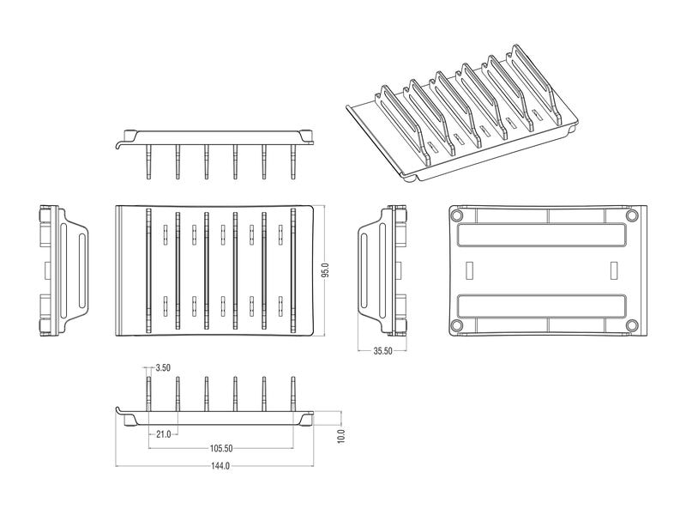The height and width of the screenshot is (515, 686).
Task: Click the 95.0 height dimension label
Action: click(325, 270)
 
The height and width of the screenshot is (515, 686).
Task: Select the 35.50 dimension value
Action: click(382, 351)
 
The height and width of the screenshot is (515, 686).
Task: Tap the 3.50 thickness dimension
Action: click(163, 368)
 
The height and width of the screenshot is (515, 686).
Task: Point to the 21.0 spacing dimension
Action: click(163, 434)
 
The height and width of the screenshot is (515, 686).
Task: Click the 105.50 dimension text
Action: click(221, 448)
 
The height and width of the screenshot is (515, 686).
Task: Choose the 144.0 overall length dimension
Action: click(220, 465)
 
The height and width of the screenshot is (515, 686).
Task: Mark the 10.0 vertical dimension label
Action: click(341, 436)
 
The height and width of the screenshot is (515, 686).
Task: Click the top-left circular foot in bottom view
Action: click(456, 215)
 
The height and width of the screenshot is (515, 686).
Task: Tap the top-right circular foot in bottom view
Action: click(631, 215)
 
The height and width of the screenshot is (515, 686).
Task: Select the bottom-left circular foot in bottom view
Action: click(456, 325)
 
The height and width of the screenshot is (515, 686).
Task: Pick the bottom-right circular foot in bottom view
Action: click(631, 325)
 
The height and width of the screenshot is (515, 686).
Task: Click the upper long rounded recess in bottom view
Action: click(541, 234)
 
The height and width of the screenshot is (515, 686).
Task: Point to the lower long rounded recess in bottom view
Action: click(541, 306)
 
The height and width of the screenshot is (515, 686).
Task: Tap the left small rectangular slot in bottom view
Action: click(470, 270)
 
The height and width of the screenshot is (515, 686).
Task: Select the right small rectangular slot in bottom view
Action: click(614, 270)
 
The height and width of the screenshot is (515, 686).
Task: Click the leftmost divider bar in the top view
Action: click(148, 270)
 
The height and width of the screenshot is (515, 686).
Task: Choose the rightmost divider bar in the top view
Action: click(293, 270)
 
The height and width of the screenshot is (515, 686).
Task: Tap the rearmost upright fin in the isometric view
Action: click(533, 83)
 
